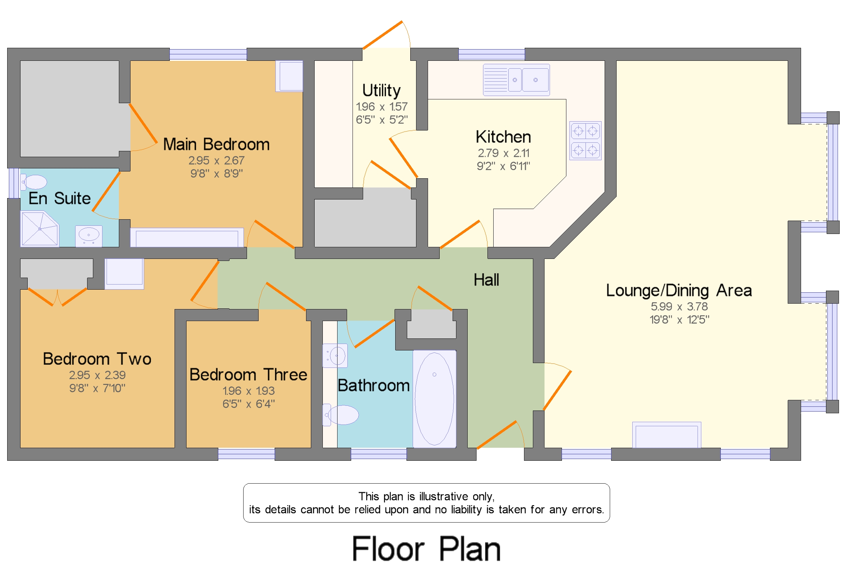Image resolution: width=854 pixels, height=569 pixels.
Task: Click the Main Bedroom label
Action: (x=216, y=144)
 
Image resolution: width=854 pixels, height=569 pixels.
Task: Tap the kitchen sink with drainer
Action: (x=516, y=80)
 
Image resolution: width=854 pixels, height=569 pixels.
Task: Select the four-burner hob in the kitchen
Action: (x=585, y=141)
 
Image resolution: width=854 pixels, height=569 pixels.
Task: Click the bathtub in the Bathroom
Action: (x=435, y=399)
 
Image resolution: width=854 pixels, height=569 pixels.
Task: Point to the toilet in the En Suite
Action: (x=34, y=182)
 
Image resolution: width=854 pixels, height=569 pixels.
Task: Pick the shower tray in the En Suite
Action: (x=40, y=228)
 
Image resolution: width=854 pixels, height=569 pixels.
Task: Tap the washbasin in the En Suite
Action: (x=88, y=236)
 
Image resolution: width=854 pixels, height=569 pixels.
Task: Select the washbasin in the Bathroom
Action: (x=335, y=356)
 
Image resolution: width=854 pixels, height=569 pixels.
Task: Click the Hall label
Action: (x=486, y=280)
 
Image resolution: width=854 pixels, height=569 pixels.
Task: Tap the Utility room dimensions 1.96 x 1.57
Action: (x=382, y=107)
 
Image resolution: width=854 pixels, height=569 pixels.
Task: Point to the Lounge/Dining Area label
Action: (x=679, y=291)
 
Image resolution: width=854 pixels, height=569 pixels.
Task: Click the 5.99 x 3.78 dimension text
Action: (x=679, y=307)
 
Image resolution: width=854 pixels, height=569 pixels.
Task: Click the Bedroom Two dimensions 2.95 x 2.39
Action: (x=97, y=375)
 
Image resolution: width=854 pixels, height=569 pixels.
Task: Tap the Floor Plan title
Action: (x=426, y=549)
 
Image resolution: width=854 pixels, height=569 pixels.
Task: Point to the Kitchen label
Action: (x=504, y=137)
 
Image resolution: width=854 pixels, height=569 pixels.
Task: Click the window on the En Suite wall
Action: (x=14, y=183)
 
